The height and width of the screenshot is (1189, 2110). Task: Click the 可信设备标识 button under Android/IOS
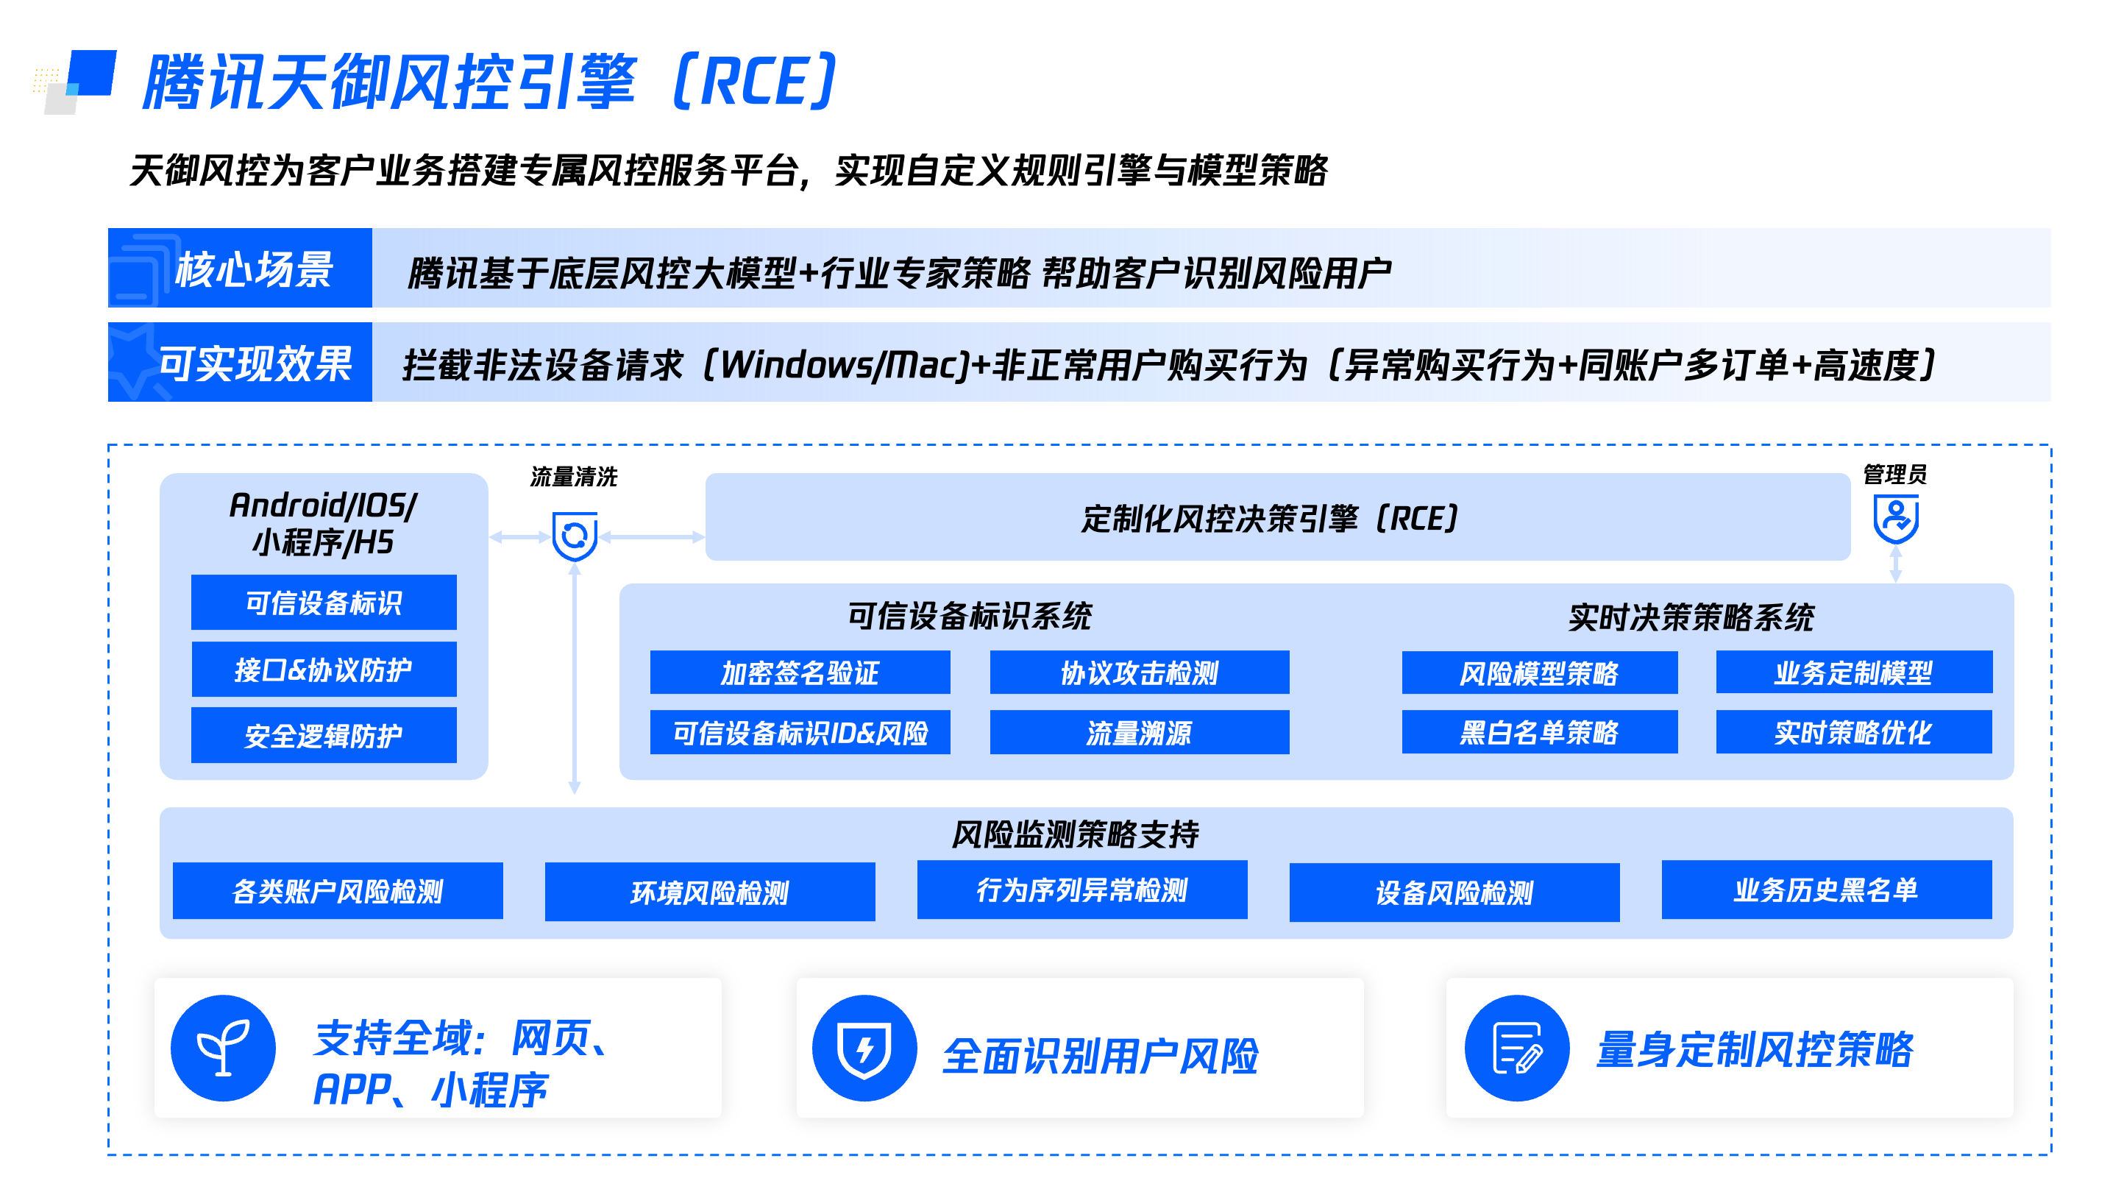pyautogui.click(x=324, y=603)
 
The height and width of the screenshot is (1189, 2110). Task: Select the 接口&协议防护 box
pyautogui.click(x=324, y=670)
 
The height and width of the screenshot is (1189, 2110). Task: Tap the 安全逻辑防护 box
pyautogui.click(x=324, y=735)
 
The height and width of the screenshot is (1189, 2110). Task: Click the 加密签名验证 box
pyautogui.click(x=800, y=672)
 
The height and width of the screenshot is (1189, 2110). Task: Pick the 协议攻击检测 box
pyautogui.click(x=1139, y=672)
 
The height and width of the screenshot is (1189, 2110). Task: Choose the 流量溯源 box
pyautogui.click(x=1139, y=732)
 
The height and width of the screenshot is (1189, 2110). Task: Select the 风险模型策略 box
pyautogui.click(x=1539, y=672)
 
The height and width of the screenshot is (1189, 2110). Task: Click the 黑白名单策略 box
pyautogui.click(x=1539, y=732)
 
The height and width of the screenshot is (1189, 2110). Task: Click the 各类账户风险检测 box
pyautogui.click(x=338, y=891)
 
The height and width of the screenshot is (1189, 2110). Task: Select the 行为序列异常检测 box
pyautogui.click(x=1081, y=890)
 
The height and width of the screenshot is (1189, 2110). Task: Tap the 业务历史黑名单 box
pyautogui.click(x=1826, y=890)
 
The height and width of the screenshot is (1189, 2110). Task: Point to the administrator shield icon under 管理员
pyautogui.click(x=1895, y=519)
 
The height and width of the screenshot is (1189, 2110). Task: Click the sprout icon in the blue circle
pyautogui.click(x=223, y=1048)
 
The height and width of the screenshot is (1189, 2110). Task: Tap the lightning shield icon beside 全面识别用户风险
pyautogui.click(x=864, y=1048)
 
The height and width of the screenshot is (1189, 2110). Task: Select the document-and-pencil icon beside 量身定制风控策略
pyautogui.click(x=1517, y=1048)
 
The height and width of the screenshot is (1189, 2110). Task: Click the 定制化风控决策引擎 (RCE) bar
pyautogui.click(x=1277, y=517)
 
